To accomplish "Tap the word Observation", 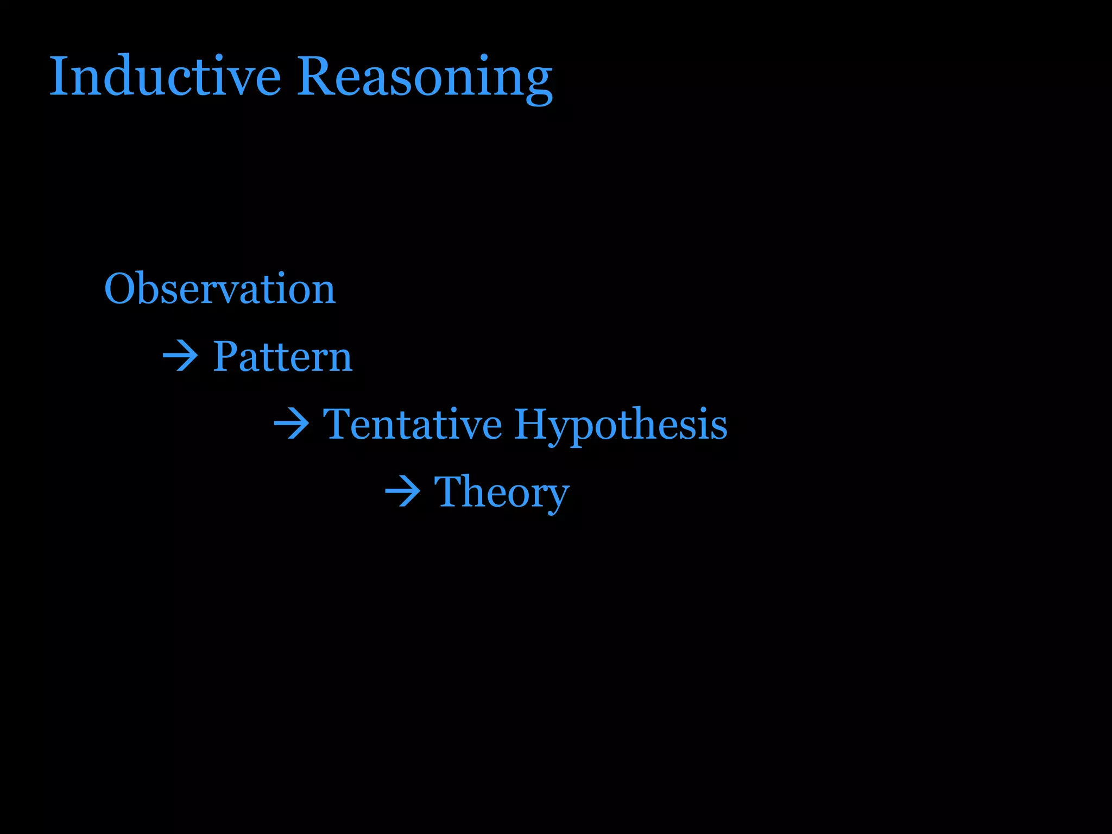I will click(x=220, y=288).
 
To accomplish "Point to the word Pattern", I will click(x=282, y=357).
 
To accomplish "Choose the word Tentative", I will click(x=413, y=424).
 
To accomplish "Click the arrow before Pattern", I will click(x=181, y=357).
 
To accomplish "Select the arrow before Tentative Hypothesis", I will click(x=292, y=424).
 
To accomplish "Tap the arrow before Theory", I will click(x=402, y=492).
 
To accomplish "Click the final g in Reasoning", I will click(x=538, y=84).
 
